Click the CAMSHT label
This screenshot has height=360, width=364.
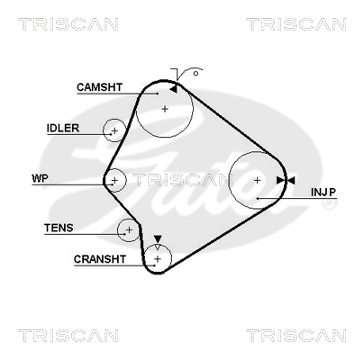tap(99, 87)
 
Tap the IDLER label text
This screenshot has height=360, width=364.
tap(63, 129)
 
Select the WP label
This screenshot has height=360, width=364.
tap(40, 178)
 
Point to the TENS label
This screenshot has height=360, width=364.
tap(59, 228)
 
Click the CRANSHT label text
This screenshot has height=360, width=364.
tap(100, 259)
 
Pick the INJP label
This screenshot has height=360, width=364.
tap(323, 193)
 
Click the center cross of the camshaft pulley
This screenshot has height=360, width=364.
tap(165, 109)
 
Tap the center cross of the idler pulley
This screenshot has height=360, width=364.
tap(114, 130)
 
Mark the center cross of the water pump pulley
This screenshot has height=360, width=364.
tap(114, 180)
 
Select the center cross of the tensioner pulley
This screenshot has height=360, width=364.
tap(129, 230)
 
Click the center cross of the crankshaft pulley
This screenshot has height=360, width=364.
tap(158, 258)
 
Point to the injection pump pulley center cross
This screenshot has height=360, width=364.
tap(257, 180)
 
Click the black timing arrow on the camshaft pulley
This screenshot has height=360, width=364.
tap(173, 89)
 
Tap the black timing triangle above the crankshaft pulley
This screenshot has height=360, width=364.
tap(158, 239)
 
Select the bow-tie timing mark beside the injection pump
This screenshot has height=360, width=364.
tap(286, 180)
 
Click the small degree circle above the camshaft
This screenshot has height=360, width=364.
tap(196, 74)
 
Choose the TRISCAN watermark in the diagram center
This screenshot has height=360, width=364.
tap(183, 180)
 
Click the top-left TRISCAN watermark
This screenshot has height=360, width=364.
tap(68, 24)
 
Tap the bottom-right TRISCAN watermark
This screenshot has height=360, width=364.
tap(296, 336)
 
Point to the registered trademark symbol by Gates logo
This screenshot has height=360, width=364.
tap(329, 204)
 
